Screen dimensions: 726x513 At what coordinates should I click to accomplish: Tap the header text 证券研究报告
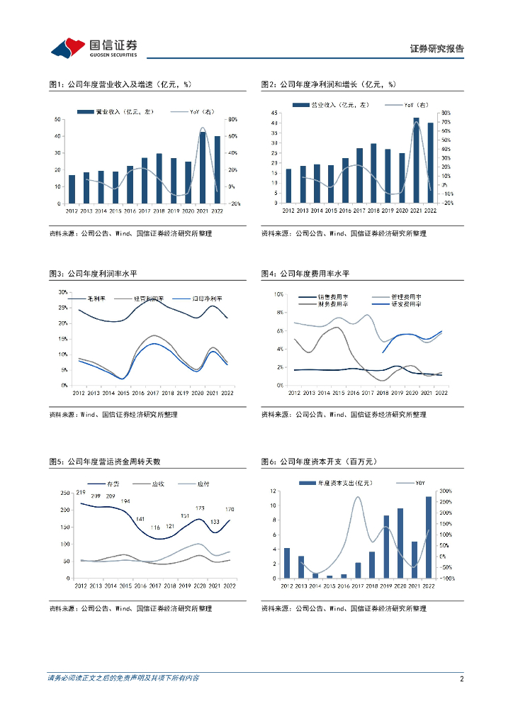[436, 49]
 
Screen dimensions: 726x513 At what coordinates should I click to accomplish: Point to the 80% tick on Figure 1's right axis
[232, 119]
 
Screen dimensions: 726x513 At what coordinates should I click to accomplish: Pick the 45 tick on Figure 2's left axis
[275, 113]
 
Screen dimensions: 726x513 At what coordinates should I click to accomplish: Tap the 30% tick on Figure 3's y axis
[63, 292]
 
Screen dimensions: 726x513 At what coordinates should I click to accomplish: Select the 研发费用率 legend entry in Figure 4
[406, 303]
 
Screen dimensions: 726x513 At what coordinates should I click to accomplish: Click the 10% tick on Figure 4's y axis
[279, 294]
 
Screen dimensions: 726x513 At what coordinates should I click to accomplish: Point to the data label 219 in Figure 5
[81, 493]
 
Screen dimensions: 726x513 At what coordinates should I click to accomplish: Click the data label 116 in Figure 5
[155, 527]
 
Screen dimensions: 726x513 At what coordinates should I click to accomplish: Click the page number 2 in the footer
[461, 678]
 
